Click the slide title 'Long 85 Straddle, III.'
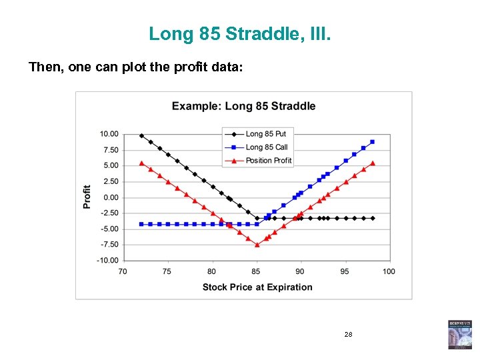[x=239, y=33]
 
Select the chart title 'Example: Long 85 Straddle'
[x=243, y=106]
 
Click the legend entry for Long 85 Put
[x=265, y=134]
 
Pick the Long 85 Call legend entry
[x=265, y=147]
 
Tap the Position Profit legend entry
[x=268, y=160]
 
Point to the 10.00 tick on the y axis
[x=109, y=134]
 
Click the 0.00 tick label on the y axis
[x=111, y=197]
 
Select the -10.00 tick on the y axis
[x=109, y=261]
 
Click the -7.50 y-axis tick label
[x=109, y=245]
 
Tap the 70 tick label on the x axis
[x=123, y=271]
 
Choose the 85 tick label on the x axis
[x=256, y=271]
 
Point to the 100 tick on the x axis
[x=389, y=271]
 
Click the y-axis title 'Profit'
[x=87, y=197]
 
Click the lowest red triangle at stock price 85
[x=257, y=245]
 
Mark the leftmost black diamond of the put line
[x=141, y=135]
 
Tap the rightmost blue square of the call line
[x=372, y=142]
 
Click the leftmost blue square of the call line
[x=141, y=224]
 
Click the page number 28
[x=349, y=333]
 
